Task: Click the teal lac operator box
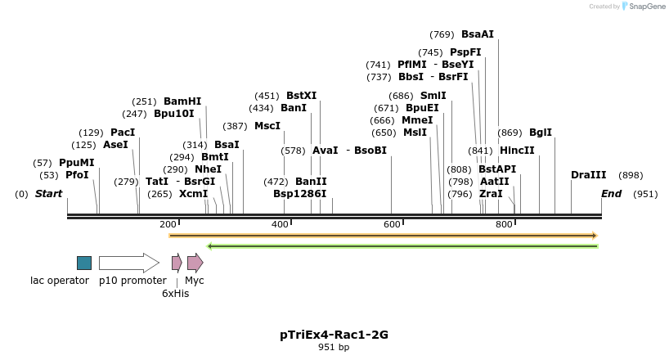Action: (84, 263)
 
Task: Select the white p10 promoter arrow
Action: (128, 263)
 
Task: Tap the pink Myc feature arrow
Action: (195, 263)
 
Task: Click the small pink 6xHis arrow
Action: (177, 263)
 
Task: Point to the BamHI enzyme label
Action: (182, 101)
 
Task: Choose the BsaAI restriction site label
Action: (478, 34)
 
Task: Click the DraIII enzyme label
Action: (589, 175)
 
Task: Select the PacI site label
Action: (123, 133)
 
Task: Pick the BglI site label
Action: (541, 133)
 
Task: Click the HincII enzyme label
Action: (517, 151)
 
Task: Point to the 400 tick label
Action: (280, 224)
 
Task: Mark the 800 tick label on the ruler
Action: (504, 224)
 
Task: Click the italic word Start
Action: (48, 194)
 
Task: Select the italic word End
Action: (611, 194)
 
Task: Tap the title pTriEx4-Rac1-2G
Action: (334, 335)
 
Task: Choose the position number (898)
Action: (631, 175)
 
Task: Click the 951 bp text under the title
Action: (334, 348)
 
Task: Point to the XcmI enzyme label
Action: (194, 194)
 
